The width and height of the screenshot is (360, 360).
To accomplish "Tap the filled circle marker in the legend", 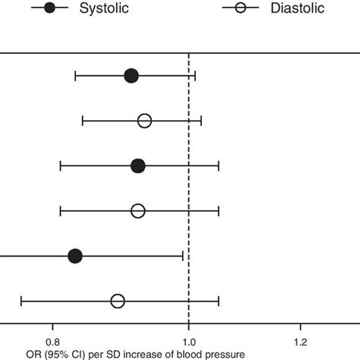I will point(49,8).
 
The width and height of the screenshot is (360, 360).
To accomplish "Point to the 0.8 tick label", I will point(52,342).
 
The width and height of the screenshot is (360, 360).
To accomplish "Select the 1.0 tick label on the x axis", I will point(188,342).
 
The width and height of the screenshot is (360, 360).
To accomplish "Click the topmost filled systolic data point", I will point(131,75).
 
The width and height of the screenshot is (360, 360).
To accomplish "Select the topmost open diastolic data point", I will point(144,121).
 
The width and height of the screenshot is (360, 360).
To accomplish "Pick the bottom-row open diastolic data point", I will point(118,302).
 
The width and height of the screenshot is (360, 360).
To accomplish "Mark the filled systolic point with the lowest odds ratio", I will point(74,256).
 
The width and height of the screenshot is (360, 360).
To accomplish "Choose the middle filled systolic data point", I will point(137,166).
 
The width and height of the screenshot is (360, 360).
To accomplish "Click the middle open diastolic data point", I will point(137,211).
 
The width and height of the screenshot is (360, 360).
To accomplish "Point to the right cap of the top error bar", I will point(195,75).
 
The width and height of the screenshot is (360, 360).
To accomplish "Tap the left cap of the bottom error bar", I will point(21,302).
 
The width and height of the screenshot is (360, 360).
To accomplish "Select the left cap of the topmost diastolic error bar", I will point(82,121).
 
